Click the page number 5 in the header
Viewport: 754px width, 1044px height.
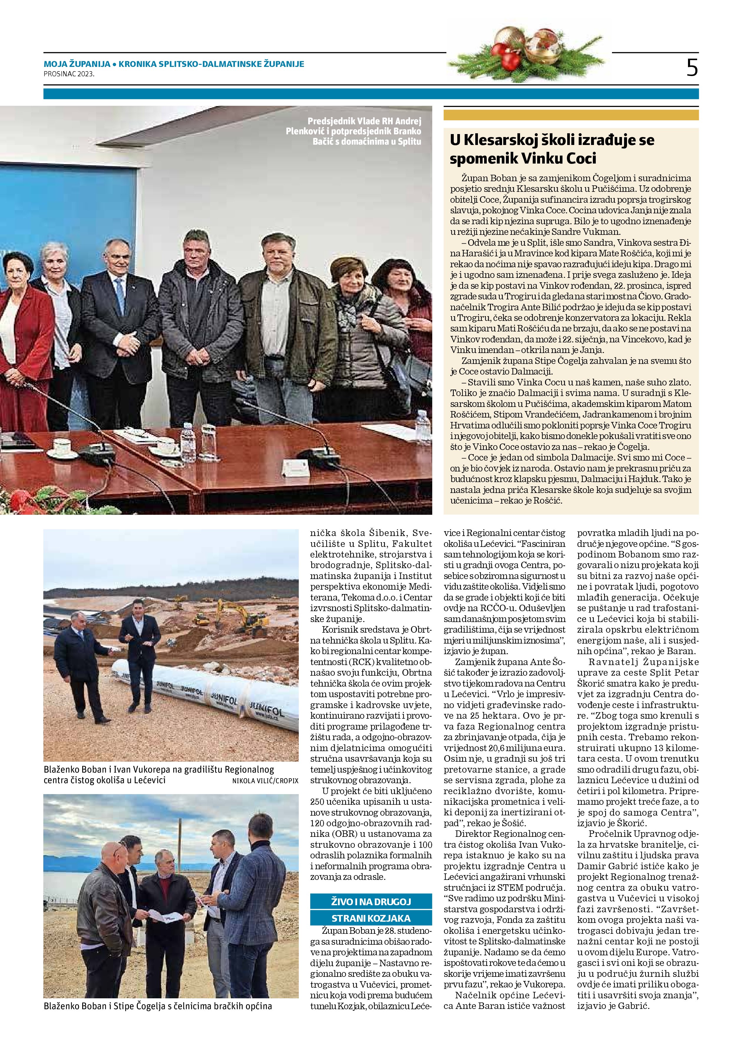pos(692,68)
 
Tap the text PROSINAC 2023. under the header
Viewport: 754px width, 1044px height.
pos(69,73)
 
